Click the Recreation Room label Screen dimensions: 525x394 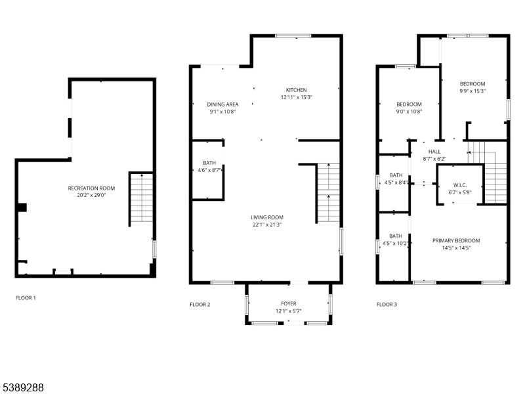point(91,188)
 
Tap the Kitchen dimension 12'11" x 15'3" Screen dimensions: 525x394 point(297,97)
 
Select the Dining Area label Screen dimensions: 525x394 point(222,104)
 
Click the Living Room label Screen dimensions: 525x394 point(267,217)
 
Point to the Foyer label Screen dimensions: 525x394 point(289,303)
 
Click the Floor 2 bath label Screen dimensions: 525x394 point(209,163)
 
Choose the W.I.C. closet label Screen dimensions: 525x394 point(460,185)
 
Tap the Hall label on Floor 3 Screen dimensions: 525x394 point(434,152)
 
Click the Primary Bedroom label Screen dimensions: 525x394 point(456,240)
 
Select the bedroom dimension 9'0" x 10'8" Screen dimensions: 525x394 point(409,112)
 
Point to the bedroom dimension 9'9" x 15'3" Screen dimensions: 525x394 point(472,91)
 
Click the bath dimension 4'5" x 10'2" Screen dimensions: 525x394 point(396,244)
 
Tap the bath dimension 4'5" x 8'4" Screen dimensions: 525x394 point(396,183)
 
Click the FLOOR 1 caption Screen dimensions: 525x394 point(26,298)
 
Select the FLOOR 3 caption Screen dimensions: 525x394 point(387,305)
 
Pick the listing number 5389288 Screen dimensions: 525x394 point(22,387)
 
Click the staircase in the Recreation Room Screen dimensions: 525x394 point(142,198)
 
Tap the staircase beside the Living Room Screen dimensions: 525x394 point(328,193)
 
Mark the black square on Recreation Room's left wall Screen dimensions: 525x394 point(22,208)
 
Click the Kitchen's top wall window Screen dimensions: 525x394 point(293,36)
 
